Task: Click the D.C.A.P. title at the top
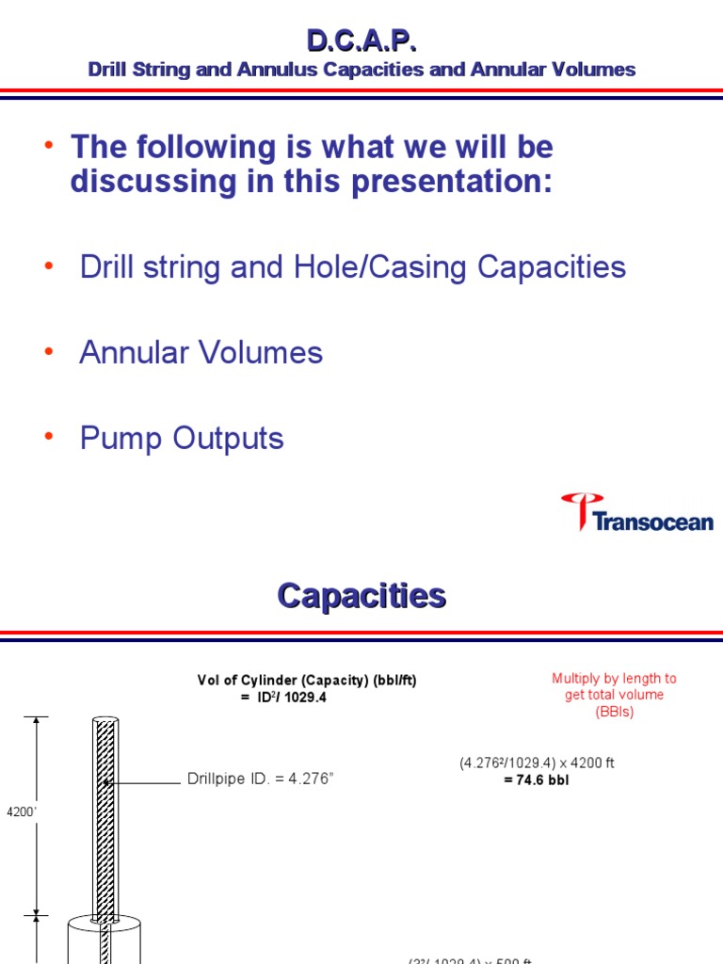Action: (361, 40)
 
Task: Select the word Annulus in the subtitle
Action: (277, 70)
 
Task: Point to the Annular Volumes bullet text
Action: (201, 352)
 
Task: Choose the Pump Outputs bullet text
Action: (182, 438)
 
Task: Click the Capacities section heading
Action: (361, 595)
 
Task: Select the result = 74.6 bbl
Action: (537, 780)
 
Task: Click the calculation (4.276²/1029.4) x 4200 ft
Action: (537, 763)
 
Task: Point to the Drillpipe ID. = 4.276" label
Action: (261, 780)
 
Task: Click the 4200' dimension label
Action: (20, 811)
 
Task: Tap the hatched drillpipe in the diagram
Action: (102, 810)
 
